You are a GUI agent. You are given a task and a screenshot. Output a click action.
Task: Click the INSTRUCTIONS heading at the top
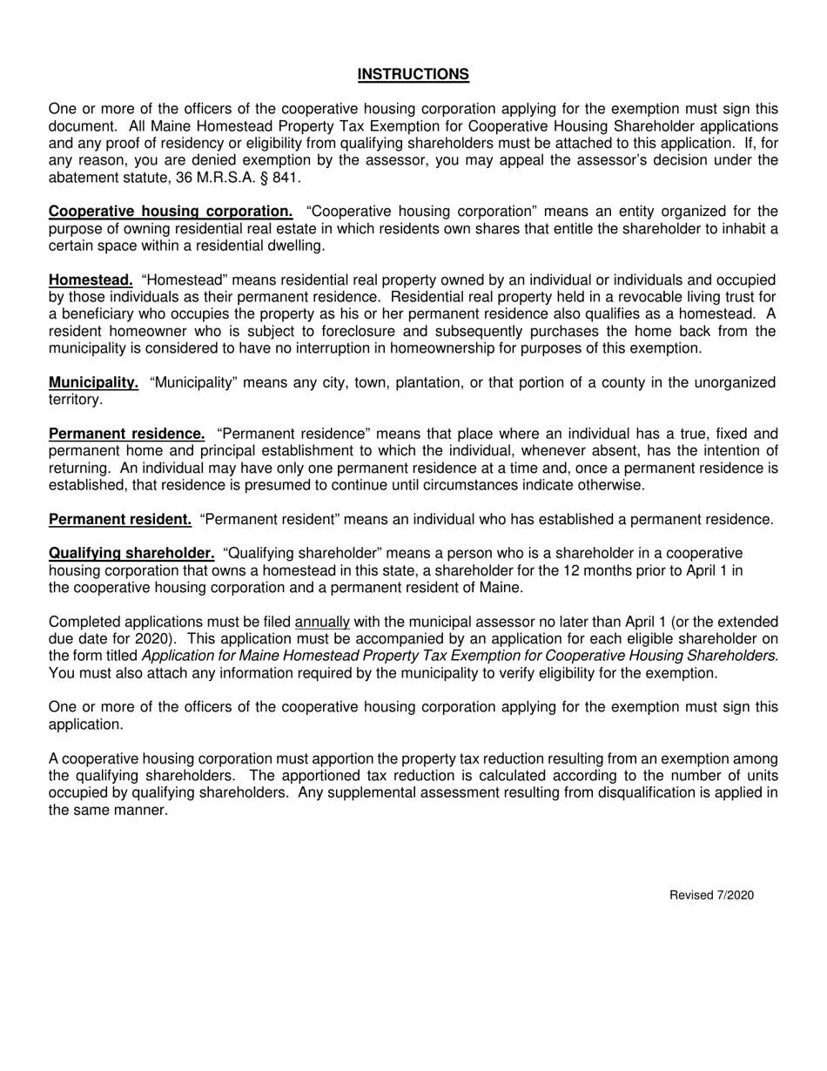(x=413, y=75)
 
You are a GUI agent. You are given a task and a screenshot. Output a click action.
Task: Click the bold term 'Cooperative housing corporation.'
(x=171, y=212)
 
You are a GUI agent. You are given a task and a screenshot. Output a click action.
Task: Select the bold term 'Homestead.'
(x=91, y=280)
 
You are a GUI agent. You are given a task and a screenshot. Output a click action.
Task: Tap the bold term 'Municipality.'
(x=93, y=382)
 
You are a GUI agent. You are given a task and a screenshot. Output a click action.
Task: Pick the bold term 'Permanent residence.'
(x=127, y=434)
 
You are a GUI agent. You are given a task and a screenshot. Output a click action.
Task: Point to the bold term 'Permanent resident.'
(x=120, y=520)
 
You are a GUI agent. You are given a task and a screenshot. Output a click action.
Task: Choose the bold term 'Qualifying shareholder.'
(x=131, y=554)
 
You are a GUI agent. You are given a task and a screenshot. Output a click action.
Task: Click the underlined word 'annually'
(x=322, y=623)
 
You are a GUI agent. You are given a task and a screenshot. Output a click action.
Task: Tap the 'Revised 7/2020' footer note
(x=711, y=896)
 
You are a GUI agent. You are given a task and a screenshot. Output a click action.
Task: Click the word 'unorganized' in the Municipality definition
(x=733, y=383)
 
